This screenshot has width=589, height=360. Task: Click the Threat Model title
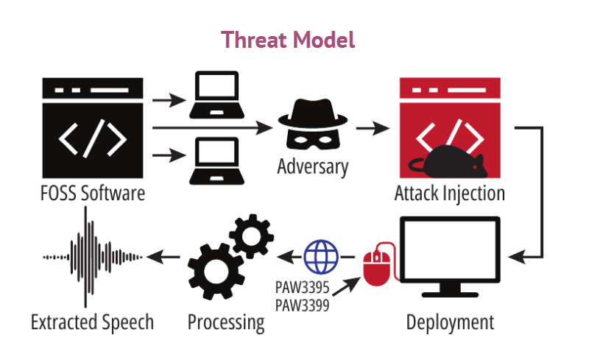289,40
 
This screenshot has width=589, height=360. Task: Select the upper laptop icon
215,95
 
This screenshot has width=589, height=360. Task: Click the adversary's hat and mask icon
312,124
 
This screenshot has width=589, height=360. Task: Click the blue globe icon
320,255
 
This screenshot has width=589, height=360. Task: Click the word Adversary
312,166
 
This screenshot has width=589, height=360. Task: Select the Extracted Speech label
93,322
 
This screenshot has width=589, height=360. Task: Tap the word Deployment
451,322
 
